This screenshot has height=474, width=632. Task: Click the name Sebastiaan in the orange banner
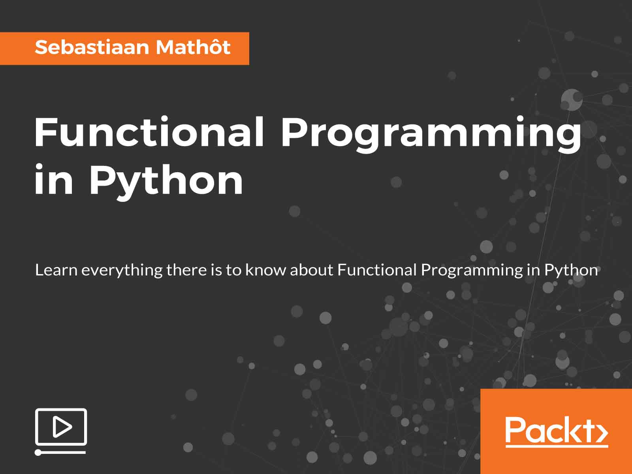pyautogui.click(x=92, y=47)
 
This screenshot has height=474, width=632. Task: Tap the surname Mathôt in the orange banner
pyautogui.click(x=193, y=47)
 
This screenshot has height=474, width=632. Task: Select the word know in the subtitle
pyautogui.click(x=266, y=270)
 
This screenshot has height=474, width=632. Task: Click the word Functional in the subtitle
pyautogui.click(x=377, y=270)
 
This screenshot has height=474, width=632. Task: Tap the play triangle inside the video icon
pyautogui.click(x=62, y=427)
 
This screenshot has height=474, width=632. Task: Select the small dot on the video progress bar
pyautogui.click(x=38, y=453)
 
